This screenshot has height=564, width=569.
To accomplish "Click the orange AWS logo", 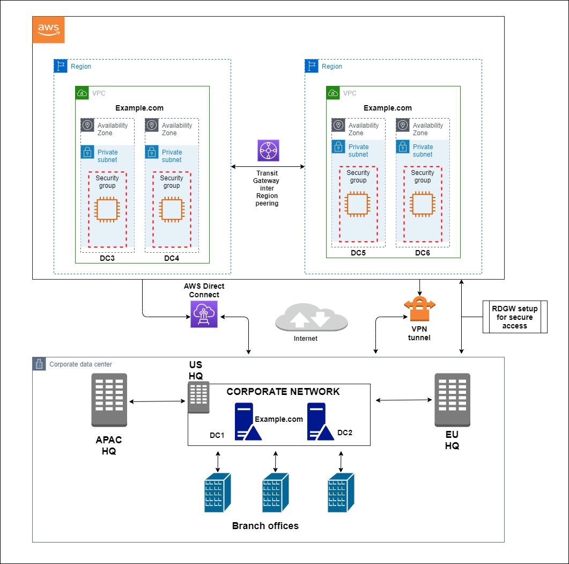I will coord(49,30).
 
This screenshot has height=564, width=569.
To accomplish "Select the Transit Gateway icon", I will coord(268,151).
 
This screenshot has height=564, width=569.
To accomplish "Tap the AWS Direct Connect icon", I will coord(204,314).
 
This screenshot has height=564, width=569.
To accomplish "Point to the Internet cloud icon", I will coord(312,318).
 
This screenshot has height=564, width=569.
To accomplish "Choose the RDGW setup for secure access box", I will coord(515,317).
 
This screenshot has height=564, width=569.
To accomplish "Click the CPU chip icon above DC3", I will coord(107,209).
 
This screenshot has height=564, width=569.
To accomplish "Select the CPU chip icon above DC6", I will coord(423,204).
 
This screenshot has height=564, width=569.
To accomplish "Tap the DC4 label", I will coord(172,259).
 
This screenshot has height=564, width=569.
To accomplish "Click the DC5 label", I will coord(358,253).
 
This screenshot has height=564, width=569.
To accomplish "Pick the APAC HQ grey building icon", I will coord(109,399).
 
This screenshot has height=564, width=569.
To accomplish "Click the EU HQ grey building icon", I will coord(452,399).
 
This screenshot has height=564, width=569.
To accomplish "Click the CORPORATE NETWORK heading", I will coord(283,392).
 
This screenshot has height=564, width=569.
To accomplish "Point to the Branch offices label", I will coord(265,526).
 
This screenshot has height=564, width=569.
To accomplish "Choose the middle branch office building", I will coord(276,492).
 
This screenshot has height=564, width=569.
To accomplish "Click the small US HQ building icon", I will coord(198,398).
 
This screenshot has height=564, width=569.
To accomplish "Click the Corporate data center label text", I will coord(80,364).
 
